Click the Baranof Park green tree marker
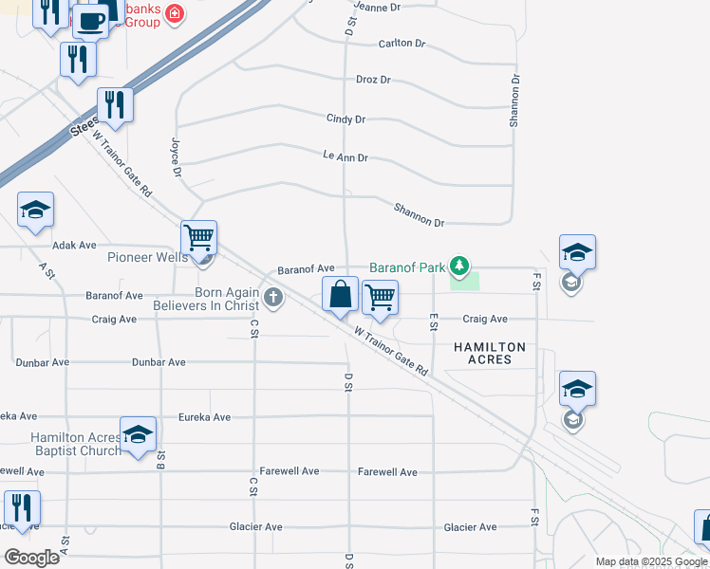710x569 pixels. click(x=460, y=266)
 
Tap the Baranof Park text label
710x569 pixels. click(x=407, y=267)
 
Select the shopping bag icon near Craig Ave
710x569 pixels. click(x=341, y=296)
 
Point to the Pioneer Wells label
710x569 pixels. click(x=147, y=257)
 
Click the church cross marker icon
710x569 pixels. click(x=273, y=299)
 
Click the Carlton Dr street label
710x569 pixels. click(x=402, y=44)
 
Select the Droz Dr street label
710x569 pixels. click(x=373, y=80)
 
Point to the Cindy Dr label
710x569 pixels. click(x=346, y=119)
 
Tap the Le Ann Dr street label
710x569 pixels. click(x=345, y=156)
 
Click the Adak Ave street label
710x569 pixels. click(x=74, y=245)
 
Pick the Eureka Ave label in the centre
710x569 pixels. click(x=205, y=417)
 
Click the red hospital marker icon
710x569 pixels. click(x=175, y=13)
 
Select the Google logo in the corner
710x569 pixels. click(x=31, y=557)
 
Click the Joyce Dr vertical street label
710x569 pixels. click(x=176, y=156)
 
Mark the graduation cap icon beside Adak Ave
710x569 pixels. click(x=36, y=211)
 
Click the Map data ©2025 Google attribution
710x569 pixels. click(x=651, y=561)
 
